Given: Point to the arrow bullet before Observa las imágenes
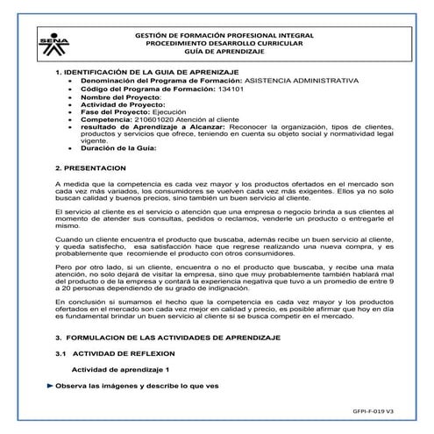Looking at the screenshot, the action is [49, 386].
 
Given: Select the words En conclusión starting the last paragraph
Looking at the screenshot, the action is [78, 299].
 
